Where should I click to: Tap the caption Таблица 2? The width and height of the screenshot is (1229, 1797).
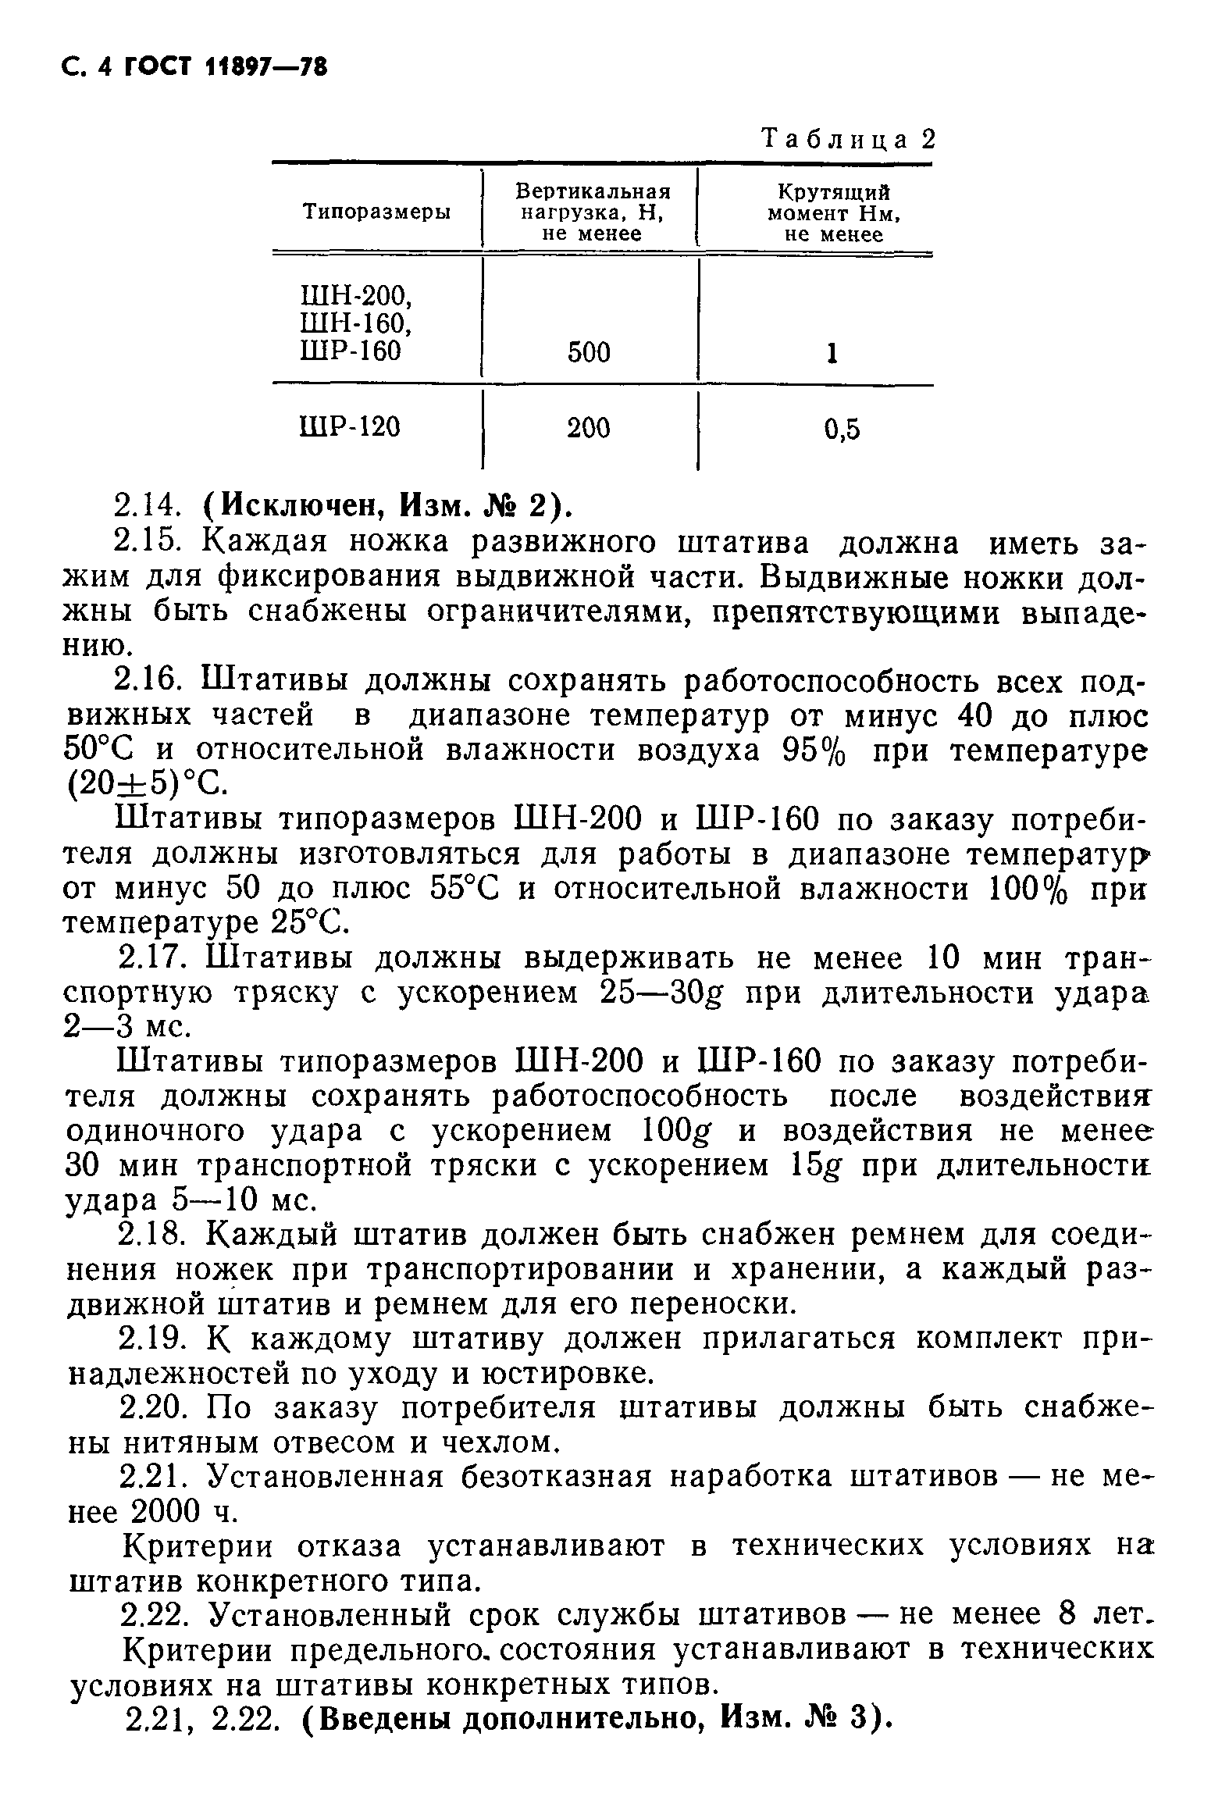(847, 141)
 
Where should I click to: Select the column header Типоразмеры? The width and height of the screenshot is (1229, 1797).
(376, 212)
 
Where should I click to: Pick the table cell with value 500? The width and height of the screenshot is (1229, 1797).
(589, 353)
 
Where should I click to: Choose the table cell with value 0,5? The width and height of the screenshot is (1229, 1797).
(842, 429)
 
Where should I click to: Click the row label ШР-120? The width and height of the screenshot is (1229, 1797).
(350, 426)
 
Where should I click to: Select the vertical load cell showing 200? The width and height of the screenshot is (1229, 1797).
(589, 428)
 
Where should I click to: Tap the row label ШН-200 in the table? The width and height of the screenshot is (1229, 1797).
(355, 296)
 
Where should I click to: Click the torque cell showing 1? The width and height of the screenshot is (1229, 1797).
(832, 354)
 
